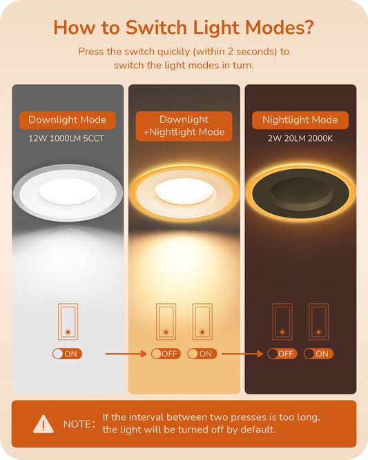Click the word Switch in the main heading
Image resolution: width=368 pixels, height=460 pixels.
(x=157, y=28)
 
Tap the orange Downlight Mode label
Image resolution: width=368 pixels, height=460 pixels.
(x=68, y=120)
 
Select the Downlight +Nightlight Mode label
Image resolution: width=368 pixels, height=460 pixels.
(x=184, y=126)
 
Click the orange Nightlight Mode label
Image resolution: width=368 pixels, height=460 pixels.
(x=300, y=120)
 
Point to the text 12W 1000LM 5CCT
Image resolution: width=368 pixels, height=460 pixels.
(x=66, y=138)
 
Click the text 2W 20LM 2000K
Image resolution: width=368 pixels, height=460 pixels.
(x=300, y=138)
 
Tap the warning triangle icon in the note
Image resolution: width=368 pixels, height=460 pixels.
(x=43, y=424)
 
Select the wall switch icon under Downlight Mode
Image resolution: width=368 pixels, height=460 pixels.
(x=68, y=322)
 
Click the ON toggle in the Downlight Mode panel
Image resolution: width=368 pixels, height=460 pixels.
(x=67, y=354)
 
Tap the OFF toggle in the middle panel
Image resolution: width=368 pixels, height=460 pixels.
(x=166, y=354)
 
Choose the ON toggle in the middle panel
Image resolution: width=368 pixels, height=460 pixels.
(x=202, y=354)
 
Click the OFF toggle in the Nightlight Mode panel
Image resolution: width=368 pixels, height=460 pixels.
(x=282, y=354)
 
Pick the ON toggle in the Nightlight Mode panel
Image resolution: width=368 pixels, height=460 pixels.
(x=318, y=354)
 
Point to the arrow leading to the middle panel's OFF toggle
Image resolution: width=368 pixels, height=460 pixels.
(x=126, y=354)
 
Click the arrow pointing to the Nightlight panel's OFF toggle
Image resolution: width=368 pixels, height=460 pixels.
(x=242, y=354)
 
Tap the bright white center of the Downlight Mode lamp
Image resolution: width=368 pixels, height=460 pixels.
(x=68, y=191)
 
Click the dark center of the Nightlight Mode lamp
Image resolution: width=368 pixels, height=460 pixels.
(x=301, y=193)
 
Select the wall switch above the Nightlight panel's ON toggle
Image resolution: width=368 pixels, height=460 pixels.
(x=319, y=322)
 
